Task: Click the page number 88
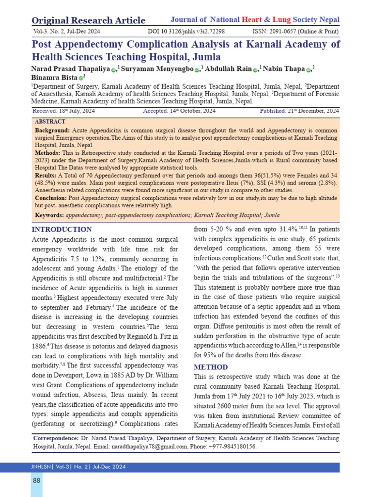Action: tap(36, 480)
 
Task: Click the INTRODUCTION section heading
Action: tap(62, 230)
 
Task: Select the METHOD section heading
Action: tap(211, 367)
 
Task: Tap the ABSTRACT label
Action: tap(50, 121)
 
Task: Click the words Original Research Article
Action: tap(88, 20)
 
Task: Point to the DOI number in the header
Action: tap(186, 31)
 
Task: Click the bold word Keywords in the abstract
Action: tap(48, 215)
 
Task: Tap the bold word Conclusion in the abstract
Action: tap(51, 198)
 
